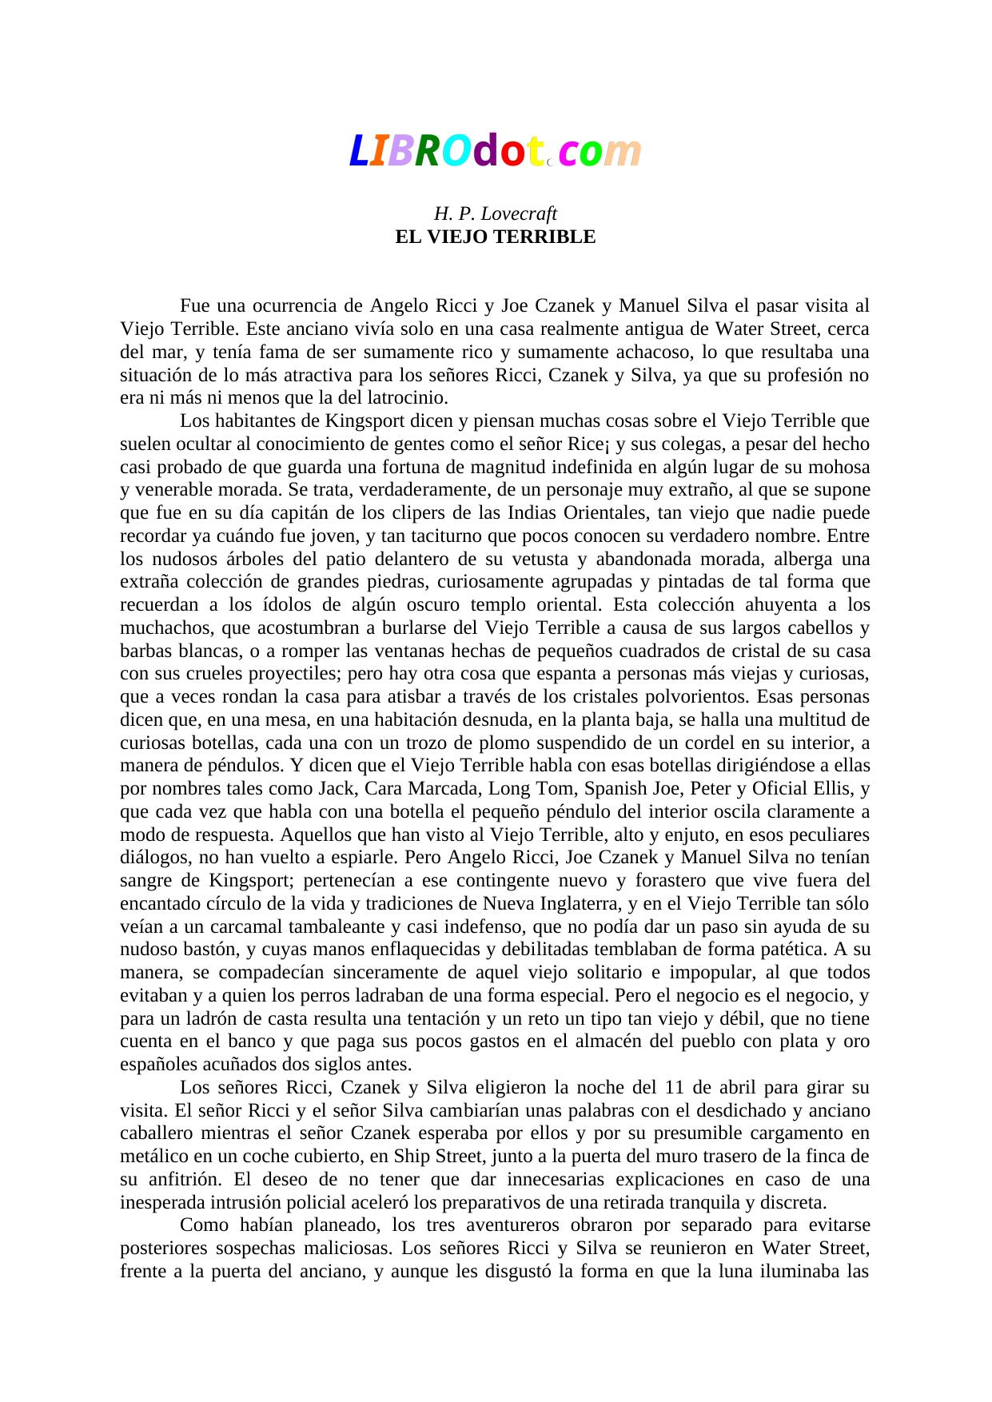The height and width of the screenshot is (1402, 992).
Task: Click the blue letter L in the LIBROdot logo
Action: point(359,152)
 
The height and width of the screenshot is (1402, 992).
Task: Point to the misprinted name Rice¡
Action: point(589,444)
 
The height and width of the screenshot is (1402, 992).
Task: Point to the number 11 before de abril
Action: point(674,1089)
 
